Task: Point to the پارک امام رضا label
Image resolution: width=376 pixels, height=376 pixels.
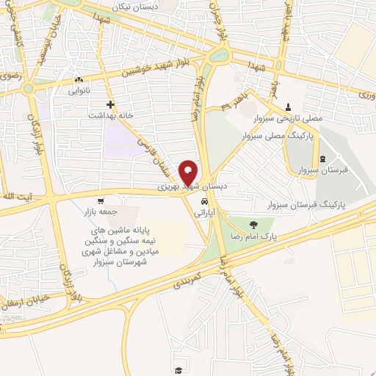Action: pos(272,239)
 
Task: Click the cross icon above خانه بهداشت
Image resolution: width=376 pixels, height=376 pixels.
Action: pos(110,105)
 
